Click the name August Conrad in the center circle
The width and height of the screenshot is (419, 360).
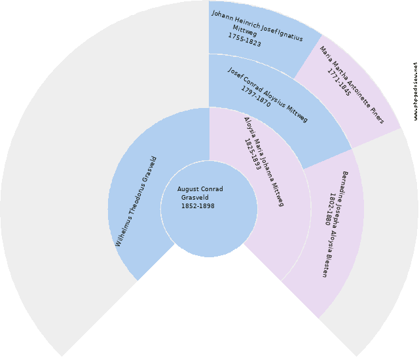200,189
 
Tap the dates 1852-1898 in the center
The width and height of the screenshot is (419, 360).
198,206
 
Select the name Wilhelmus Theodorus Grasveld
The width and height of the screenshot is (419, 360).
136,202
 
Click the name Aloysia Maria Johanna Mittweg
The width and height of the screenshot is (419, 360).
264,162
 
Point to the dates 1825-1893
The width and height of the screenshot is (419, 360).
253,154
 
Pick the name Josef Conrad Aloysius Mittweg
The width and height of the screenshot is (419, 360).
268,95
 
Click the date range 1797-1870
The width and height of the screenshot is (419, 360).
256,96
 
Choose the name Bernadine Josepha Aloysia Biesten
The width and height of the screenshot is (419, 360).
335,225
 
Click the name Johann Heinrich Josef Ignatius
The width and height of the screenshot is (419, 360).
257,26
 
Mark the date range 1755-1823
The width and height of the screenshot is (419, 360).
244,40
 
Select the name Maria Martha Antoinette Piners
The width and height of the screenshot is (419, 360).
352,85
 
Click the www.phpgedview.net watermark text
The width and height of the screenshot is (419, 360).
416,92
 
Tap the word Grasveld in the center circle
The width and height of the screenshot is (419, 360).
195,198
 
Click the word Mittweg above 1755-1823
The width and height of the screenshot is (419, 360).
245,31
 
